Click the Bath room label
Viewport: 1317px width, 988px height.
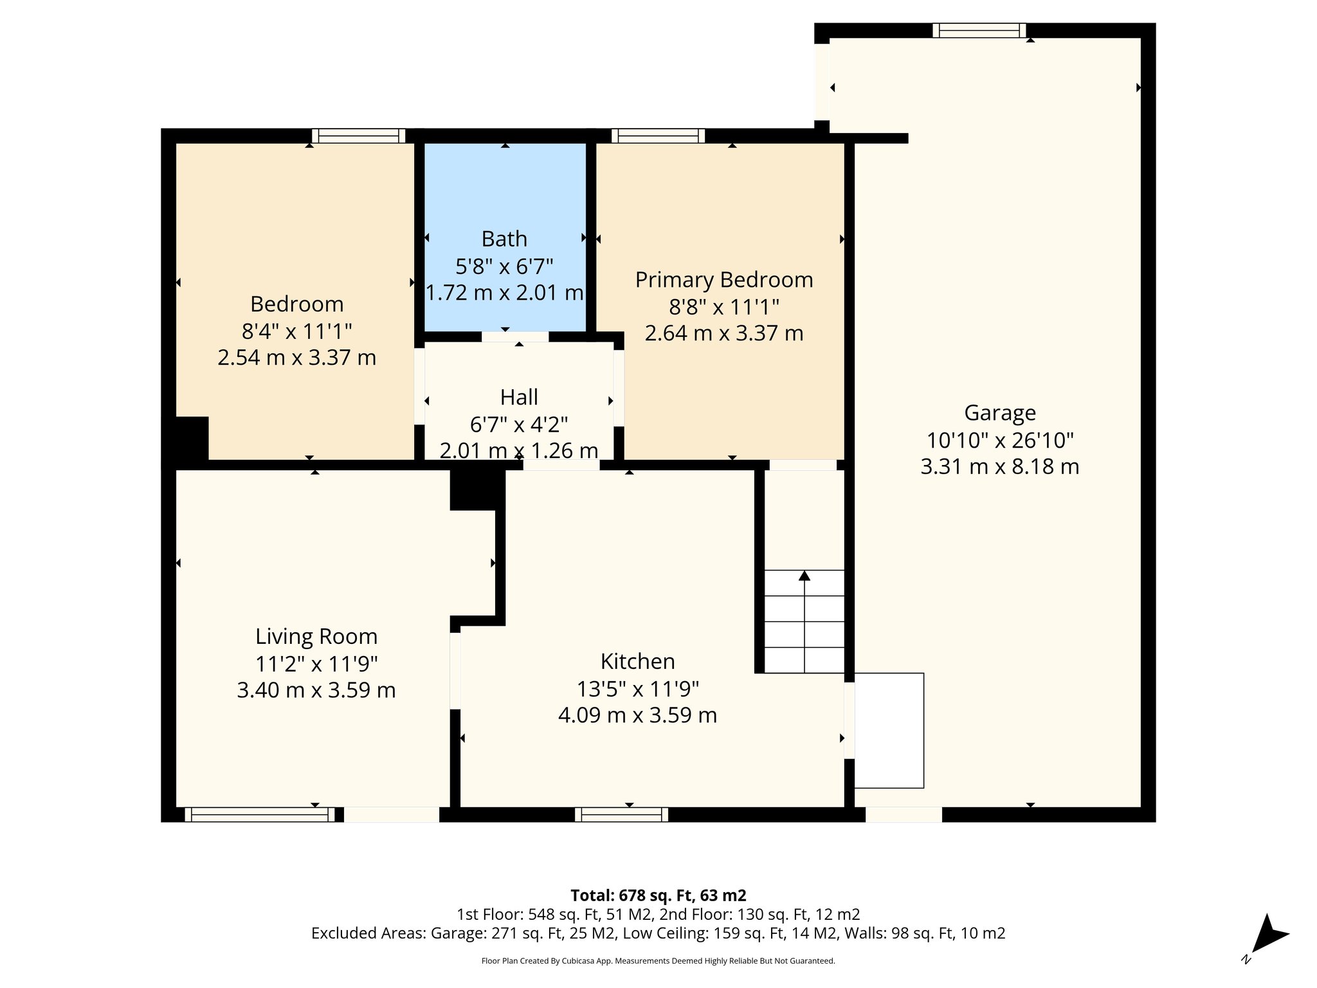[x=504, y=239]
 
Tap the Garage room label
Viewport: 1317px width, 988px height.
[x=999, y=413]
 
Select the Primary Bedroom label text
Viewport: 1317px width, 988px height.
[x=724, y=280]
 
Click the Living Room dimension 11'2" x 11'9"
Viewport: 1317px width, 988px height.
[x=316, y=663]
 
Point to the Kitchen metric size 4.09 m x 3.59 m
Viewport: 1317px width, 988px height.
[x=637, y=715]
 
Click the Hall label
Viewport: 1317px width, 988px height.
[x=519, y=398]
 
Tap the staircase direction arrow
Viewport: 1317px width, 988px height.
[x=804, y=576]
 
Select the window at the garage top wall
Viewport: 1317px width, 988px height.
[x=979, y=30]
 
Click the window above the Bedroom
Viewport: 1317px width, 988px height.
[x=358, y=136]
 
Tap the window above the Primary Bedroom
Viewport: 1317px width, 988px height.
[x=658, y=136]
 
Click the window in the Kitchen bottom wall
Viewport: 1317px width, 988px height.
[x=621, y=815]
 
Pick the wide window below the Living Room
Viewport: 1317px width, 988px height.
[x=259, y=815]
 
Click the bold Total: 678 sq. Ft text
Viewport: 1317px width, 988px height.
[x=658, y=895]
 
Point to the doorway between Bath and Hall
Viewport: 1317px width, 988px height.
[x=515, y=336]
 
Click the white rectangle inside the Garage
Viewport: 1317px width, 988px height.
[x=889, y=731]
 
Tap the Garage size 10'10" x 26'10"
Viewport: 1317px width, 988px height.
[x=999, y=441]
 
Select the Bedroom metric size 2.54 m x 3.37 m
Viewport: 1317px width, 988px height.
[x=296, y=358]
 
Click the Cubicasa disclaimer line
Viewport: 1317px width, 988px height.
[x=658, y=961]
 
